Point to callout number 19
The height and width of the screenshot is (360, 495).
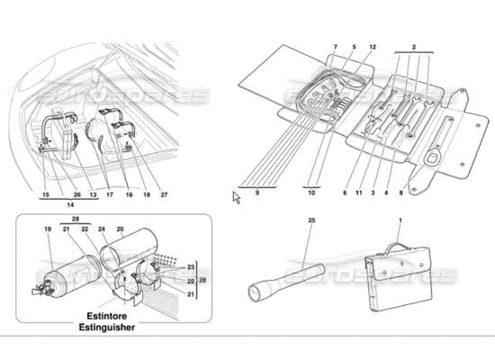click(46, 230)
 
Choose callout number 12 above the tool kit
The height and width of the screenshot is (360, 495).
click(371, 46)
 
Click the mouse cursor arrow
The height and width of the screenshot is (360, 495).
click(237, 197)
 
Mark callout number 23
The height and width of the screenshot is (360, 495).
click(190, 266)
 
